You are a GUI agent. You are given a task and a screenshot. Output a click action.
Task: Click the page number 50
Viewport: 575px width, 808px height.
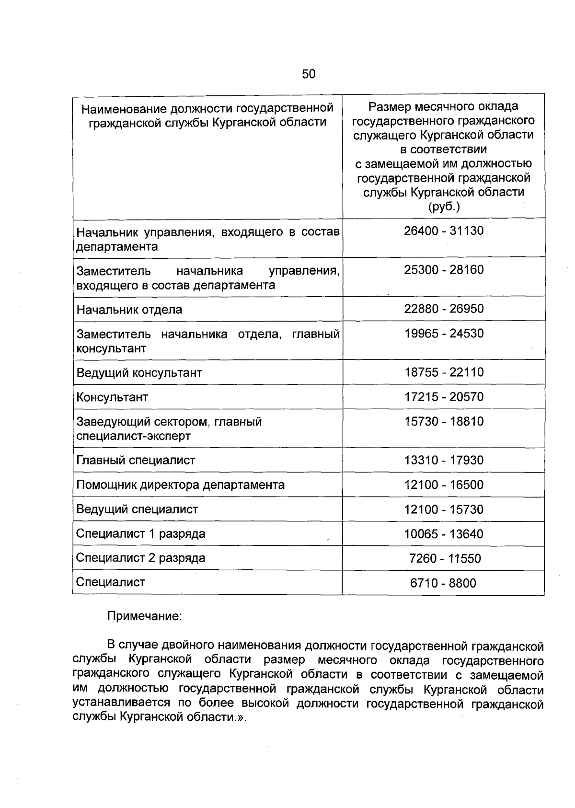pos(309,74)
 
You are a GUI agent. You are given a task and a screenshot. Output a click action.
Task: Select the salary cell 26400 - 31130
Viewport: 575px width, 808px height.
pos(443,231)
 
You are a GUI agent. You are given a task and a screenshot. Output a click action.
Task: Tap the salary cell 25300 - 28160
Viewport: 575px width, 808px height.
pos(443,270)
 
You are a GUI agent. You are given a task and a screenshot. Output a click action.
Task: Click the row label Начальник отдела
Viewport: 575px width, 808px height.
pos(129,310)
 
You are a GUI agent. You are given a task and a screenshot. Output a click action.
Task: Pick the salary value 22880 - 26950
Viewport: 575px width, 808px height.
pos(443,309)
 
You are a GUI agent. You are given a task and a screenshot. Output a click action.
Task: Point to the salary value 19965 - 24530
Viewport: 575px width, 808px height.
pos(443,334)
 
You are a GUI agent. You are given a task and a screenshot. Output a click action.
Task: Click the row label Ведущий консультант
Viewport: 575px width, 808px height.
pos(139,373)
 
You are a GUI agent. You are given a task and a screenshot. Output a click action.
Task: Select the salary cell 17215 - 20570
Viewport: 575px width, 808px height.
pos(443,397)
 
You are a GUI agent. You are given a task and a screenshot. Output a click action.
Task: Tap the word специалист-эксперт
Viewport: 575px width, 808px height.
pos(134,436)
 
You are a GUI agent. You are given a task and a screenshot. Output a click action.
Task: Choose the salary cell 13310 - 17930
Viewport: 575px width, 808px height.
pos(443,461)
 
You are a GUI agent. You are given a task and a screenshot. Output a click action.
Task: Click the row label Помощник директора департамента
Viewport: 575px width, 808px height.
pos(181,485)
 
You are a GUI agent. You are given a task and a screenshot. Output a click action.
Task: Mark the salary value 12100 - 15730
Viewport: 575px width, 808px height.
pos(443,510)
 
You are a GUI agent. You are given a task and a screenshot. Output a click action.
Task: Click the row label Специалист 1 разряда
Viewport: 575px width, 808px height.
pos(141,534)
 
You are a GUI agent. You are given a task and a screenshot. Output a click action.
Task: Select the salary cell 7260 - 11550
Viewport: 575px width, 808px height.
pos(445,559)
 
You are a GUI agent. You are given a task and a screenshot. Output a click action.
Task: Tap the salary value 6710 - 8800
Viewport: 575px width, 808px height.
pos(443,583)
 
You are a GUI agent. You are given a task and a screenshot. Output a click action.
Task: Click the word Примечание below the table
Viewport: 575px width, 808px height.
pos(144,616)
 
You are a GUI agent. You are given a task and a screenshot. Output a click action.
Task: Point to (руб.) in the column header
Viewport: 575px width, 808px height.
pos(443,207)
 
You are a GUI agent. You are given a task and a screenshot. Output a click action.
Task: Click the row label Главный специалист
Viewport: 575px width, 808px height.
pos(136,461)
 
